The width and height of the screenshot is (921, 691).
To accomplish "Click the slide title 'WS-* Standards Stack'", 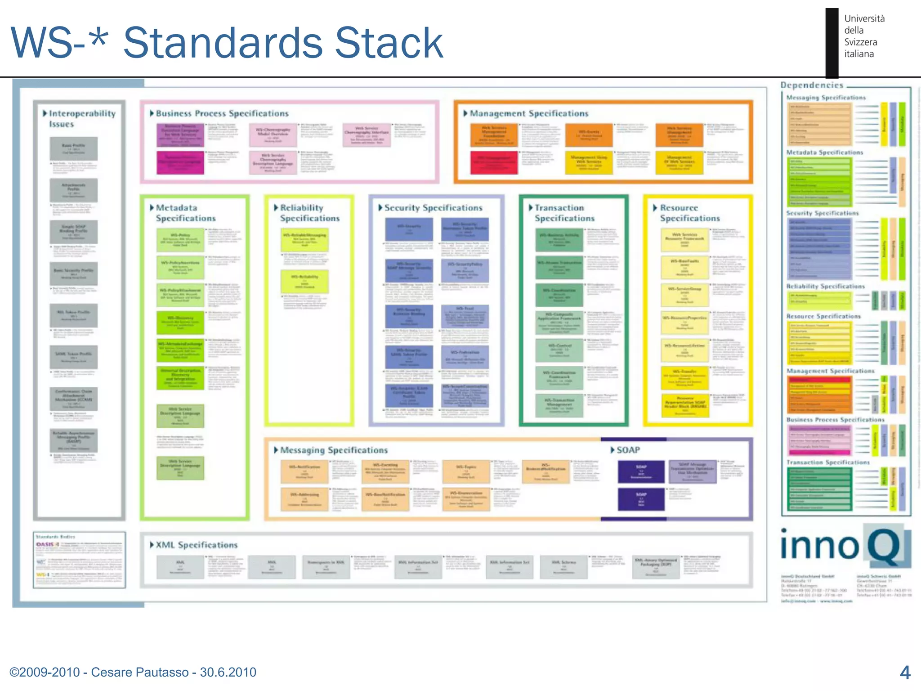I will point(227,43).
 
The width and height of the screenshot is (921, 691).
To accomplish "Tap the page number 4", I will point(905,673).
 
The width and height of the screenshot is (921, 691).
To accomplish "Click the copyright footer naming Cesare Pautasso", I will point(133,672).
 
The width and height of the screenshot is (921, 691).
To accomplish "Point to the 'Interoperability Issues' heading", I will point(81,118).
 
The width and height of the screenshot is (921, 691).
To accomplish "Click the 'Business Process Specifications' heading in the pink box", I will point(222,113).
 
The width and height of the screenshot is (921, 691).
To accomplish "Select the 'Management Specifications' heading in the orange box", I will point(528,113).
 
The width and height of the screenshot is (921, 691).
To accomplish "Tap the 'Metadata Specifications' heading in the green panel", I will point(185,213).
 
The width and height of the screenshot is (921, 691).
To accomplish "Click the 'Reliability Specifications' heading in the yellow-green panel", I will point(309,213).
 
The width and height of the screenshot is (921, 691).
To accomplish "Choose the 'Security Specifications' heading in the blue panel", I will point(433,208).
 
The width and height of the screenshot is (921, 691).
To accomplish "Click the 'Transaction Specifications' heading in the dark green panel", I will point(564,213).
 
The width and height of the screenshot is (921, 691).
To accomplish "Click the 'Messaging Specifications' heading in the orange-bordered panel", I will point(333,450).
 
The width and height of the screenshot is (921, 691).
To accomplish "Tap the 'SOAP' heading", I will point(627,450).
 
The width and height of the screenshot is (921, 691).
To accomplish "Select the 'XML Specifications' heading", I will point(197,545).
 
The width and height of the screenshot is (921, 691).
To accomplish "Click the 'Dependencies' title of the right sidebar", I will point(812,85).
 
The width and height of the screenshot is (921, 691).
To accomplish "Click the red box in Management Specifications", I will point(493,162).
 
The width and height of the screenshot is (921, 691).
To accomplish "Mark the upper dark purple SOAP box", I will point(641,471).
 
